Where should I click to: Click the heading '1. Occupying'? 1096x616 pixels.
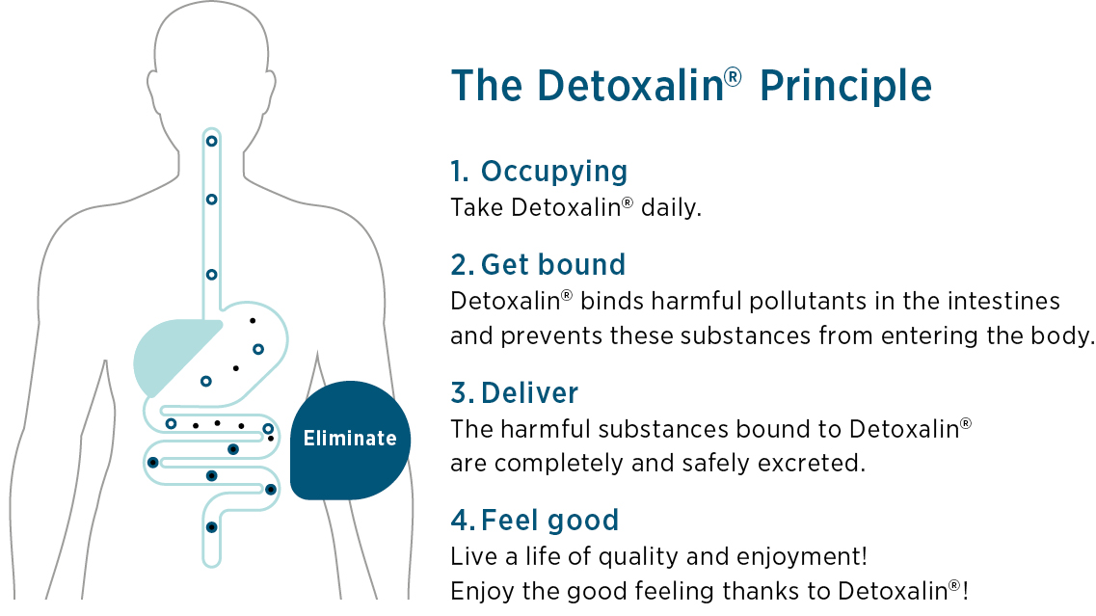[x=539, y=172]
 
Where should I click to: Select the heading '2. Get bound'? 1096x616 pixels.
[x=538, y=265]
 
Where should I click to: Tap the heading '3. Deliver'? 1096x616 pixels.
[x=515, y=393]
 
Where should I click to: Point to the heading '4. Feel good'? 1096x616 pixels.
[x=535, y=521]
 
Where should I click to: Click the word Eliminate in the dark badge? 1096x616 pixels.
[x=350, y=439]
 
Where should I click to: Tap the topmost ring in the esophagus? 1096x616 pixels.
[x=211, y=142]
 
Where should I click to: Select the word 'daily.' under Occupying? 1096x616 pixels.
[x=671, y=207]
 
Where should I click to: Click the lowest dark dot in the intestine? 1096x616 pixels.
[x=211, y=527]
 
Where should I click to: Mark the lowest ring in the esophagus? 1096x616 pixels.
[x=211, y=275]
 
